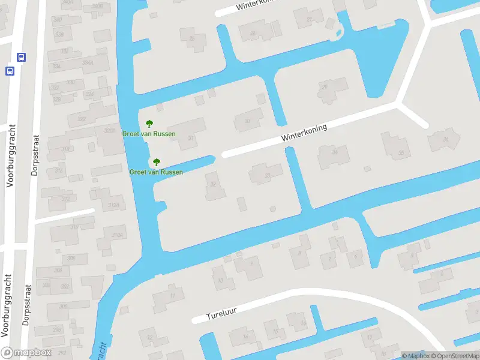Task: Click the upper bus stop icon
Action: [x=22, y=58]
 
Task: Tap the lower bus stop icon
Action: [x=10, y=71]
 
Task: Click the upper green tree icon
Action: [x=149, y=124]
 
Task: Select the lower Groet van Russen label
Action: [x=156, y=172]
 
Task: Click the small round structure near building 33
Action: [x=273, y=209]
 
